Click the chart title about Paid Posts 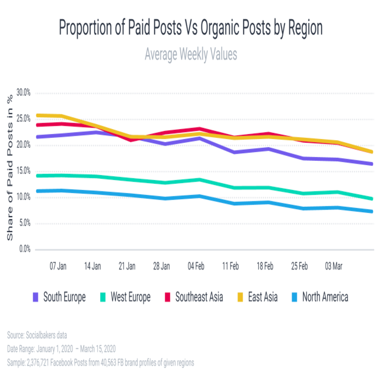[x=191, y=28]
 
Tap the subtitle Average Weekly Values [x=191, y=55]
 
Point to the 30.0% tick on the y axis [x=24, y=92]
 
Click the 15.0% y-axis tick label [x=24, y=171]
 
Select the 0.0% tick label [x=26, y=249]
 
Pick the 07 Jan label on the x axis [x=59, y=266]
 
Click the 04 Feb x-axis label [x=196, y=266]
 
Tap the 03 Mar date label [x=334, y=266]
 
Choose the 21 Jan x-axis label [x=127, y=266]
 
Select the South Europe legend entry [x=60, y=297]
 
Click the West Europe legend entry [x=126, y=297]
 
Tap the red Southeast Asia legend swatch [x=168, y=297]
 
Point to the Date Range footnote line [x=61, y=349]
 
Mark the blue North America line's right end [x=372, y=211]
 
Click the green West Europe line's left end [x=36, y=176]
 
